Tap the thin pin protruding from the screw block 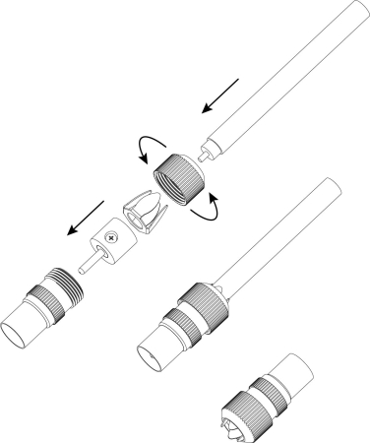87,263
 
